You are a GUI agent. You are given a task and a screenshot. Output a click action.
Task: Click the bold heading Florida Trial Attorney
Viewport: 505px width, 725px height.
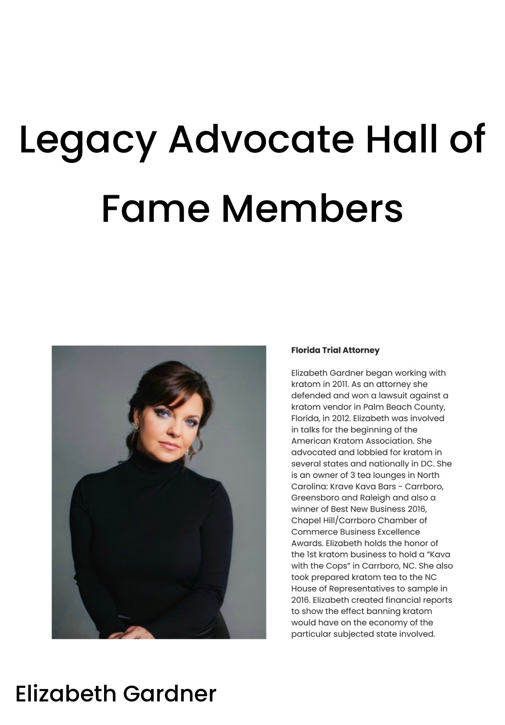[335, 350]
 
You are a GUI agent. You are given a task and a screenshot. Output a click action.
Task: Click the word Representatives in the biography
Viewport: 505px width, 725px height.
[356, 588]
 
